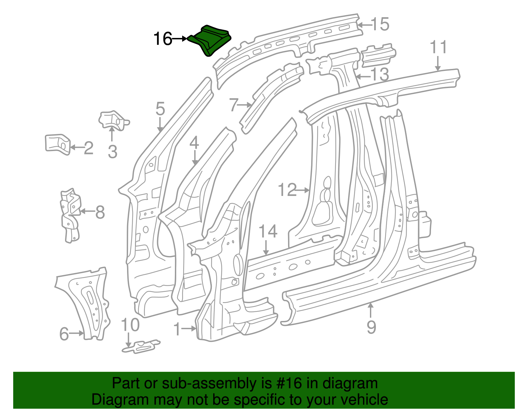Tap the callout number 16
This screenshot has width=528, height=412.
click(x=163, y=39)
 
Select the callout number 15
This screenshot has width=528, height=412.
click(x=379, y=24)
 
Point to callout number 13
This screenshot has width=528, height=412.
click(x=379, y=75)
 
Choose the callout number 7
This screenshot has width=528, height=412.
click(x=234, y=105)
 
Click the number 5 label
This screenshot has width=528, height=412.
click(x=160, y=109)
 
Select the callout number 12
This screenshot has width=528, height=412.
click(x=287, y=190)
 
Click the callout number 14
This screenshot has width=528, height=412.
click(x=268, y=232)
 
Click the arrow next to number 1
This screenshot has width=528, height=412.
click(x=190, y=329)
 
